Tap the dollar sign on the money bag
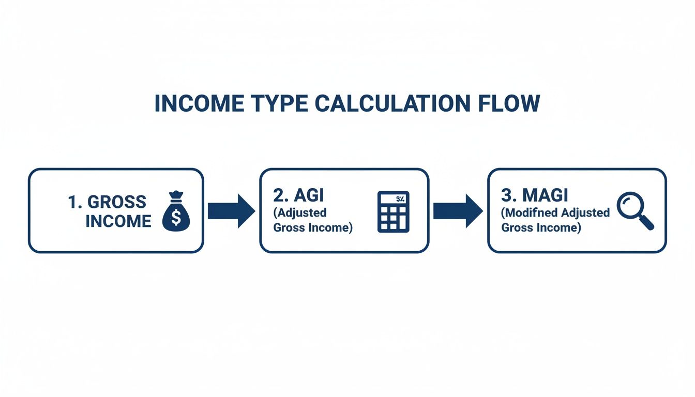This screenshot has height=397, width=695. tap(176, 217)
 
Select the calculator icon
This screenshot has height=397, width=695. tap(394, 211)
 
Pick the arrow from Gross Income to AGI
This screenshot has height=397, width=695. tap(231, 211)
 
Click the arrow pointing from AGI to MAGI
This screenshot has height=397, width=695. tap(457, 211)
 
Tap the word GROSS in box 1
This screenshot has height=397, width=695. tap(117, 202)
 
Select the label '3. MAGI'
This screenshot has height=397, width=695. tap(534, 195)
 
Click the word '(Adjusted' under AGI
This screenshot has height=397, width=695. tap(299, 212)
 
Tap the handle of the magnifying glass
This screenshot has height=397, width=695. tap(647, 223)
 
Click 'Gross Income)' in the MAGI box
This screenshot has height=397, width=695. tap(541, 227)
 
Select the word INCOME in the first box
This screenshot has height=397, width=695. tap(118, 221)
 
